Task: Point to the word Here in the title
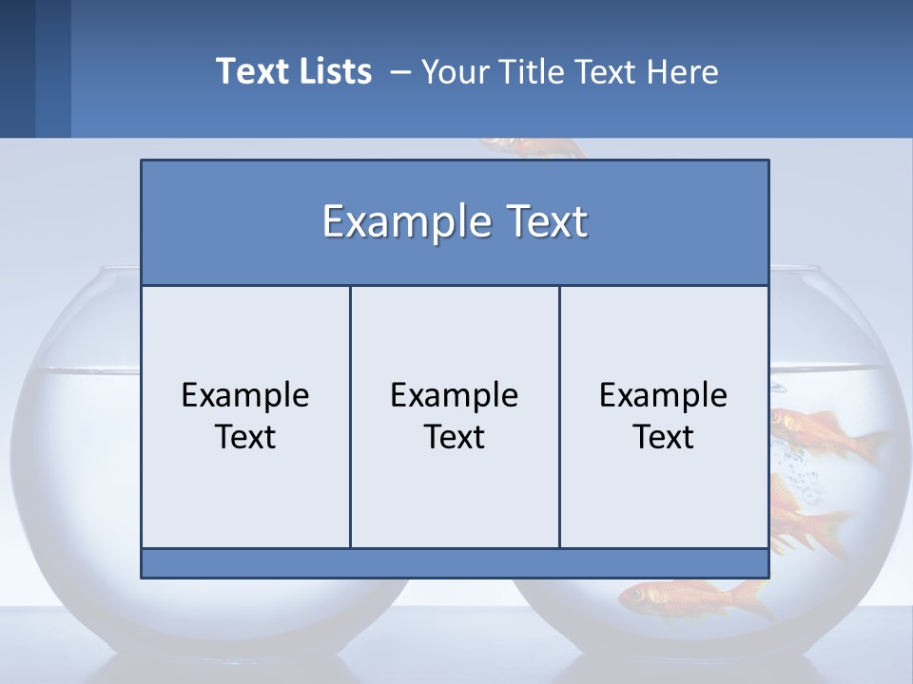683,71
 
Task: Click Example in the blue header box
399,222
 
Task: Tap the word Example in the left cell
245,395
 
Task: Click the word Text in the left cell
245,437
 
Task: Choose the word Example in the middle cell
455,395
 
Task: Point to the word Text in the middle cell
455,437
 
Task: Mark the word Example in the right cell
664,395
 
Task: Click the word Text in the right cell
664,437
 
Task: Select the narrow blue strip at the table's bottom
455,563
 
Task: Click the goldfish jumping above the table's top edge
533,148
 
